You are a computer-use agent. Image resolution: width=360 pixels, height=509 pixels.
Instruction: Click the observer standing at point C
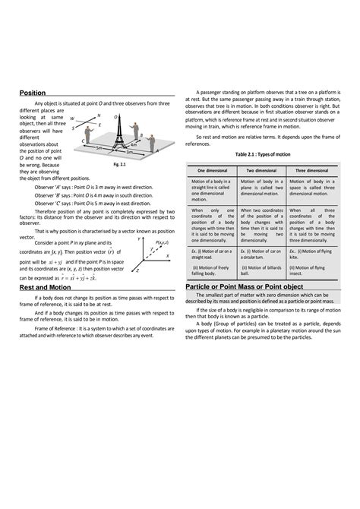(86, 130)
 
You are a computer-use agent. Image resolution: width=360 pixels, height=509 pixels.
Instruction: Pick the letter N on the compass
(98, 115)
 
